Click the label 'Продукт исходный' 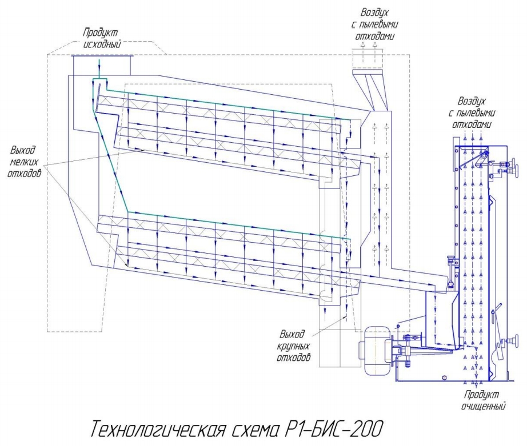tap(102, 38)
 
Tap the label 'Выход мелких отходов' tap(25, 161)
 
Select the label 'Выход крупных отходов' tap(293, 345)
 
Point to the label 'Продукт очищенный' tap(483, 400)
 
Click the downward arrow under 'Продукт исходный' tap(99, 68)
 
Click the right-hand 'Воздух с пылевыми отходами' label tap(472, 112)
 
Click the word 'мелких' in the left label tap(24, 162)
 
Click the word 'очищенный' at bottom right tap(484, 405)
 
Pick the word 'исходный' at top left tap(102, 44)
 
